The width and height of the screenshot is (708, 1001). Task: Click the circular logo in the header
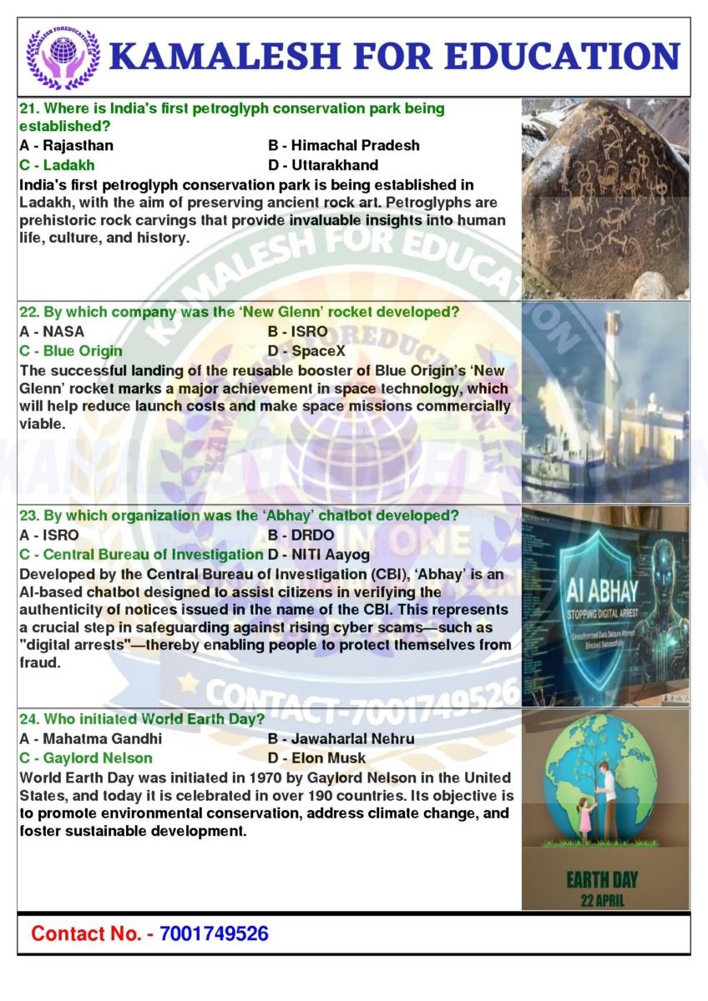[x=63, y=57]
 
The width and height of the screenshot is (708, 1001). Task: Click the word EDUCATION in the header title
[x=562, y=57]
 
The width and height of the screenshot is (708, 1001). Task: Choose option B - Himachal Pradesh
[x=344, y=145]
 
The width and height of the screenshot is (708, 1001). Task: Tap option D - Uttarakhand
[x=323, y=164]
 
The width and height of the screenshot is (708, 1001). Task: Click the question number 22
[x=29, y=312]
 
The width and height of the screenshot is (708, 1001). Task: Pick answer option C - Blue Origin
[x=70, y=350]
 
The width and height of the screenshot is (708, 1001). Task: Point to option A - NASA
[x=51, y=331]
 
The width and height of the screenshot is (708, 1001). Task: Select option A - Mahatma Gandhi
[x=90, y=738]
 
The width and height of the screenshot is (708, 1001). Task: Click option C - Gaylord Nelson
[x=85, y=757]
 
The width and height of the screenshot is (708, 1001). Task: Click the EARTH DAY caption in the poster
[x=602, y=879]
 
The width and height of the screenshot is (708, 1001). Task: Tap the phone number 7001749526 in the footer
[x=214, y=933]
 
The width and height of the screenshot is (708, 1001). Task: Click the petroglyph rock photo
[x=605, y=198]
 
